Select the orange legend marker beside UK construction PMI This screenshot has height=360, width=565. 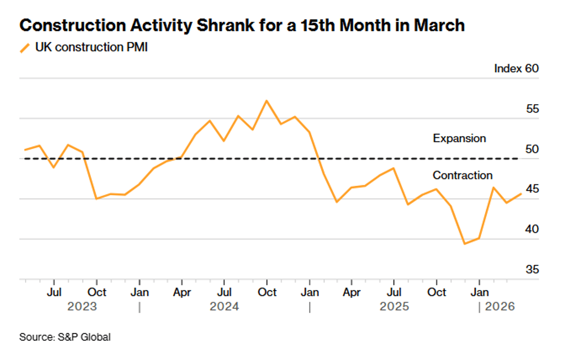[x=25, y=48]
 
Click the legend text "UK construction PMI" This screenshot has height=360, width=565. [x=91, y=48]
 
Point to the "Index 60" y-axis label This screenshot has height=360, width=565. [x=516, y=68]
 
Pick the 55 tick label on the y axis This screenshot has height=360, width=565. [x=532, y=109]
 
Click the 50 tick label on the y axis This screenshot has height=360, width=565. [x=532, y=149]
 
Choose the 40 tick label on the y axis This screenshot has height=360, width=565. [x=532, y=229]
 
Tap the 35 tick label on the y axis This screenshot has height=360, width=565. [x=532, y=270]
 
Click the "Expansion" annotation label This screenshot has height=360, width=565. [x=459, y=139]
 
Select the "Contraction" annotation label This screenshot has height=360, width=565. [x=462, y=175]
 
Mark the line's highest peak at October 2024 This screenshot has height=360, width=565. [x=266, y=101]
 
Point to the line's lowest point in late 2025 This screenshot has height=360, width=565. [x=465, y=244]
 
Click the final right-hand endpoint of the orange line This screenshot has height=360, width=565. [x=521, y=193]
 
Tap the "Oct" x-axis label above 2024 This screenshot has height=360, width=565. [x=267, y=293]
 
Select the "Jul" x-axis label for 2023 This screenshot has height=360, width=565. [x=54, y=293]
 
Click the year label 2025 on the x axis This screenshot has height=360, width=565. [x=395, y=307]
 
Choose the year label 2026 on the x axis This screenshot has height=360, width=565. [x=500, y=307]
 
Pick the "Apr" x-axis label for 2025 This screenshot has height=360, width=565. [x=352, y=293]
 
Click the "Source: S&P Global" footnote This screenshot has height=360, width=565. [x=65, y=337]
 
